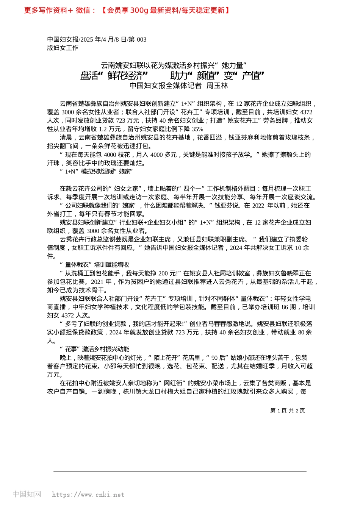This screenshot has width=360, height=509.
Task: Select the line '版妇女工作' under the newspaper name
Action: point(63,48)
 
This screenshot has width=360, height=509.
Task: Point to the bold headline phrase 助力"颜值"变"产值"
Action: point(217,76)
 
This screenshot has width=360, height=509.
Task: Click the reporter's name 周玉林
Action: point(217,86)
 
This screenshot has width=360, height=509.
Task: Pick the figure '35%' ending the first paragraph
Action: point(197,129)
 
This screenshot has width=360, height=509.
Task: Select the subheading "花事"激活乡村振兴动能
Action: point(94,349)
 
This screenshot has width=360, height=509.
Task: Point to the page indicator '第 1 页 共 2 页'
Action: point(287,411)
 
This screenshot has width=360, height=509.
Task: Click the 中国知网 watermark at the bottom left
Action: point(27,494)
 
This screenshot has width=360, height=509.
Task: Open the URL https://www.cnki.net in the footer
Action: point(88,495)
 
